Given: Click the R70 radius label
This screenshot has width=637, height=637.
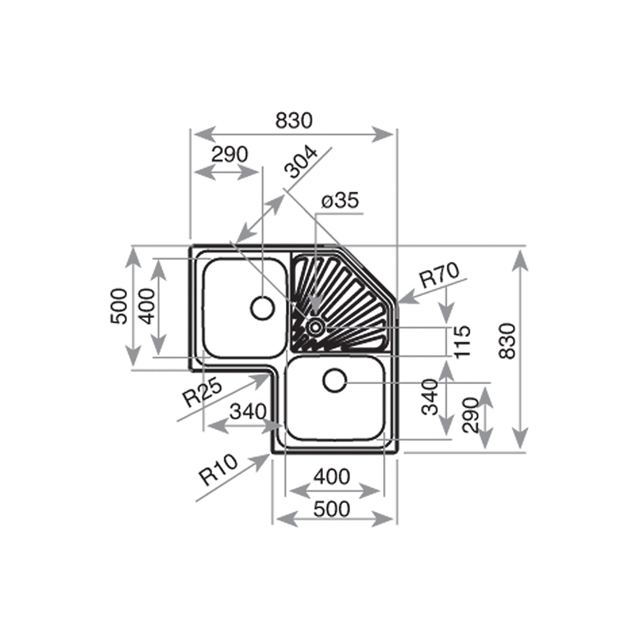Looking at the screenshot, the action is click(x=440, y=275).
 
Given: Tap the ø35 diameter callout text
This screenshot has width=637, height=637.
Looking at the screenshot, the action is click(x=340, y=200).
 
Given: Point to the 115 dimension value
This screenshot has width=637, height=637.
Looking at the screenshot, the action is click(x=462, y=341).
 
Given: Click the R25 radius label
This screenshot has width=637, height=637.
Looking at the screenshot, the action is click(x=203, y=392).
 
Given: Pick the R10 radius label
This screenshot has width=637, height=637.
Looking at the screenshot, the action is click(x=218, y=469).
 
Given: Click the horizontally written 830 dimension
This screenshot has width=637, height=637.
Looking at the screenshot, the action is click(x=294, y=120).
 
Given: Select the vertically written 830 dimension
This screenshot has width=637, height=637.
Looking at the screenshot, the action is click(x=508, y=341).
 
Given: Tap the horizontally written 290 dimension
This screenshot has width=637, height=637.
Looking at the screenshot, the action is click(x=229, y=154).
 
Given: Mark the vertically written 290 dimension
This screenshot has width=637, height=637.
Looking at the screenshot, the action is click(x=471, y=415).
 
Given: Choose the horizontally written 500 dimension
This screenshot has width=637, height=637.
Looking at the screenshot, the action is click(x=332, y=508).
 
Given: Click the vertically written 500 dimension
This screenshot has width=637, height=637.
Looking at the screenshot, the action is click(x=118, y=306).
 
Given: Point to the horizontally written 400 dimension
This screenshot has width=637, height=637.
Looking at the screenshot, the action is click(x=332, y=476).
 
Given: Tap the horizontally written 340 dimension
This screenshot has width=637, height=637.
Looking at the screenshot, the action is click(x=248, y=412).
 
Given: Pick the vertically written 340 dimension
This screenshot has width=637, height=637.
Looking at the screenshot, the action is click(x=431, y=396).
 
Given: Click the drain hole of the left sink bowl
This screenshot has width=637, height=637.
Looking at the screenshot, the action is click(x=263, y=308).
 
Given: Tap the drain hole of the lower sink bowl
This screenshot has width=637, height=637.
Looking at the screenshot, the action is click(x=335, y=381).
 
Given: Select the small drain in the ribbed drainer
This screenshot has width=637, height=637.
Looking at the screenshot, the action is click(x=315, y=326).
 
